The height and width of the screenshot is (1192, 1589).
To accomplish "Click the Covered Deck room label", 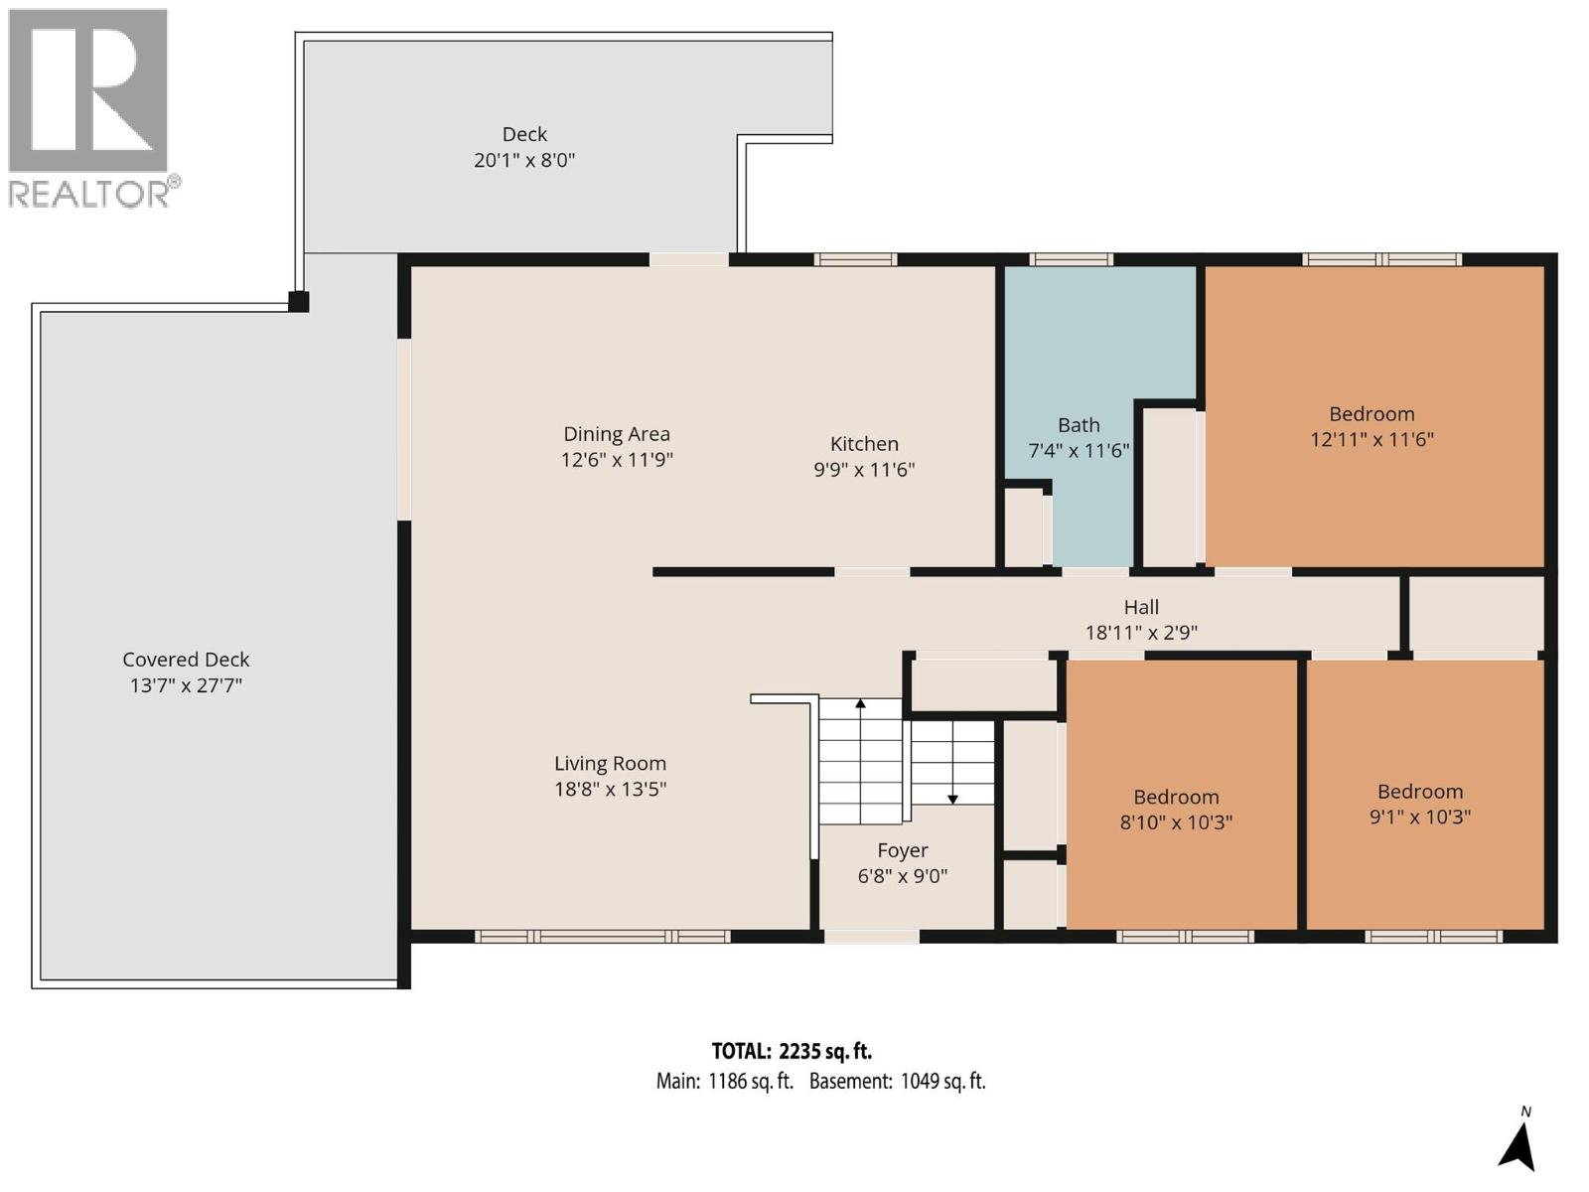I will (x=186, y=660).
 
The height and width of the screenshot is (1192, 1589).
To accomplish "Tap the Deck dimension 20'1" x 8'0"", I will (x=524, y=160).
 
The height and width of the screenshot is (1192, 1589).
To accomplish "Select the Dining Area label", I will (x=617, y=434).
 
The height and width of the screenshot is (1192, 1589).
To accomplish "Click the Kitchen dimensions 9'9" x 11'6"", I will (x=864, y=470).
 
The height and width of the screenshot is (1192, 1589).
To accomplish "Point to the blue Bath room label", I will (x=1079, y=425).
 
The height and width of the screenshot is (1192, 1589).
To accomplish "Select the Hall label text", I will (x=1141, y=607).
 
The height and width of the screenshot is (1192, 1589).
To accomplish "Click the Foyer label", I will (x=902, y=850).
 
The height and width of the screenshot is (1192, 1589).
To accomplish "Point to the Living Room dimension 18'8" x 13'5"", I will (x=610, y=790).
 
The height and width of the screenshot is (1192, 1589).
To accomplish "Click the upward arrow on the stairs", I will (x=861, y=704).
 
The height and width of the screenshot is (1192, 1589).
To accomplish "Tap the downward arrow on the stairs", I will (x=952, y=798).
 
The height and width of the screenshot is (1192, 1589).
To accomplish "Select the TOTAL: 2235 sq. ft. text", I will (x=792, y=1051).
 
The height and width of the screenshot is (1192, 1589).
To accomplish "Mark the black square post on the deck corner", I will (x=298, y=301).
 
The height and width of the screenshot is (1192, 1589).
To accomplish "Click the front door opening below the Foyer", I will (x=871, y=936).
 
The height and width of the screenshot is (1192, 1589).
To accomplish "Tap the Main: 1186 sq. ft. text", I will (x=724, y=1082).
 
